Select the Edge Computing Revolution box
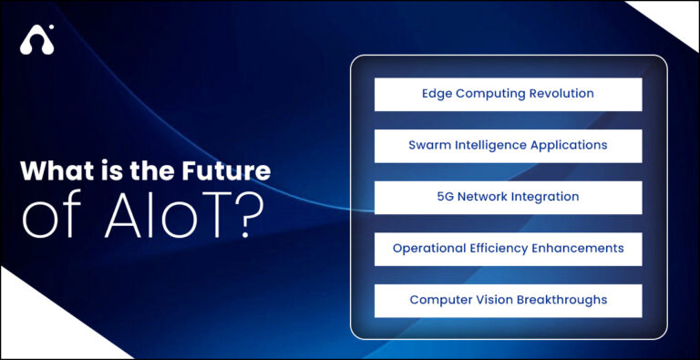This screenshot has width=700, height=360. click(x=508, y=94)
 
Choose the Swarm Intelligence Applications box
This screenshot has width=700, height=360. click(x=508, y=145)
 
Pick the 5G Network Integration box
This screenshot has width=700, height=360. click(x=508, y=197)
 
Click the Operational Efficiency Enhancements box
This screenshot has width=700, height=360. click(x=508, y=248)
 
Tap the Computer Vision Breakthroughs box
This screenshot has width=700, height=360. click(x=508, y=300)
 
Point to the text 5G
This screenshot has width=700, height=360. click(x=446, y=197)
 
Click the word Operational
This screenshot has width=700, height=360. click(x=427, y=248)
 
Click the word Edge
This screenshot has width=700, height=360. click(x=436, y=94)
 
